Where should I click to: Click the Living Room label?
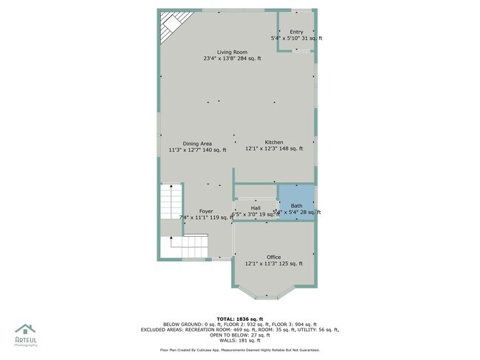tap(232, 52)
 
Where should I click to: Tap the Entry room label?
tap(296, 32)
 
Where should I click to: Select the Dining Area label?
tap(197, 143)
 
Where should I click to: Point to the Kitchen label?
tap(274, 142)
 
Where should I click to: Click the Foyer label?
tap(205, 211)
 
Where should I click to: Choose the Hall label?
tap(256, 208)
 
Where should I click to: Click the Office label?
tap(273, 257)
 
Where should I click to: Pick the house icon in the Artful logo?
tap(25, 330)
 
